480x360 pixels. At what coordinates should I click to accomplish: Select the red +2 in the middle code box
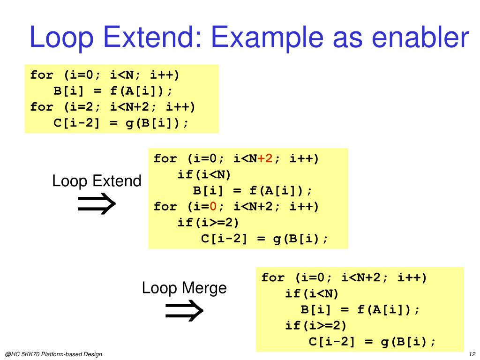265,158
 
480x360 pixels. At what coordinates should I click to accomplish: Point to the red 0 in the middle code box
213,206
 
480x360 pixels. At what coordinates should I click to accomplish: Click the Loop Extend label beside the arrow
97,181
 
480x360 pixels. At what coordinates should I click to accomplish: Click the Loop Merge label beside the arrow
184,287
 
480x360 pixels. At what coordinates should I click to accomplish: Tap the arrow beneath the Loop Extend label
96,204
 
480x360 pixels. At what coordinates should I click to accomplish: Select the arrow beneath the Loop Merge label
184,311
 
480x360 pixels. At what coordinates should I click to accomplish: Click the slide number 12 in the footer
472,354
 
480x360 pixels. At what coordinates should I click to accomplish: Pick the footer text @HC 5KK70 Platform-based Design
53,354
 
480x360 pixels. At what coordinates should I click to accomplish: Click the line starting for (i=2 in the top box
112,107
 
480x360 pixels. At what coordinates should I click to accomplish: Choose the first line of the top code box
105,75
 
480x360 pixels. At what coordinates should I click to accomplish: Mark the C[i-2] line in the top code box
121,123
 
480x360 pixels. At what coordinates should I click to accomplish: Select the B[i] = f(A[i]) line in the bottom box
360,309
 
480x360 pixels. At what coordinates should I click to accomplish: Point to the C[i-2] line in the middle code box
264,238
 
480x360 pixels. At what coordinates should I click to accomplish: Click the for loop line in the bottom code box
344,277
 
